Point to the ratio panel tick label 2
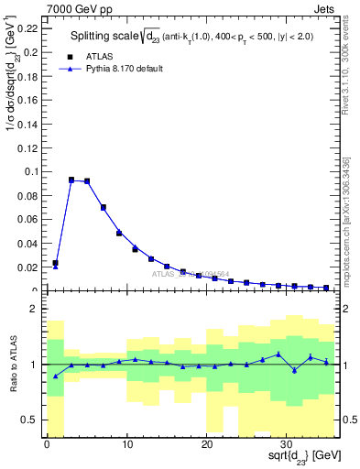point(33,309)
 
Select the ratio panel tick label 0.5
point(30,420)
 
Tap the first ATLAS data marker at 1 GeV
point(55,263)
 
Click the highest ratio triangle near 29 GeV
point(278,354)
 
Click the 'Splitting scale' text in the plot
point(106,37)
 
